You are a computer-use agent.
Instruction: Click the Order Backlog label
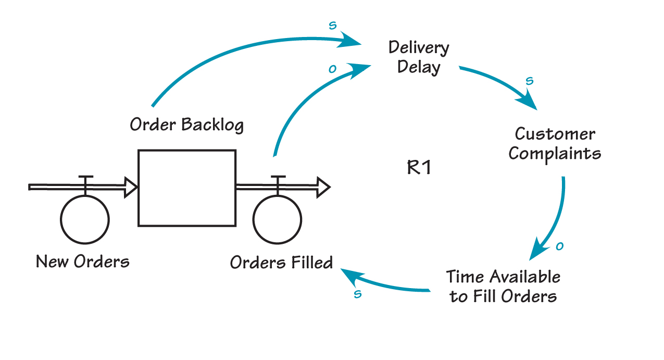[x=186, y=125]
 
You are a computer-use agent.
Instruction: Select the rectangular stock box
[x=186, y=188]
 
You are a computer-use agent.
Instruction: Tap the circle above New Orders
[x=85, y=219]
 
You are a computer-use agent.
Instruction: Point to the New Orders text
[x=83, y=261]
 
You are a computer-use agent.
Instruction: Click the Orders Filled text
[x=281, y=263]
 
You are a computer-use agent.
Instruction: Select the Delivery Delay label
[x=419, y=57]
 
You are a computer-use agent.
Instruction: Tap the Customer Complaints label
[x=555, y=144]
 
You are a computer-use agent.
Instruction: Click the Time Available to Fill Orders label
[x=503, y=286]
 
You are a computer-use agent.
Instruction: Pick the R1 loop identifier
[x=419, y=168]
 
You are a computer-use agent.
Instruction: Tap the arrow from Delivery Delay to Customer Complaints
[x=500, y=83]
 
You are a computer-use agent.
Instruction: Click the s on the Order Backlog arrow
[x=333, y=25]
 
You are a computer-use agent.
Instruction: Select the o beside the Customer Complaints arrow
[x=560, y=246]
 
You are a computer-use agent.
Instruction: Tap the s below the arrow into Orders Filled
[x=358, y=294]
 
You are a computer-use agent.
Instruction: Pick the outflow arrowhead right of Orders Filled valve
[x=324, y=187]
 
